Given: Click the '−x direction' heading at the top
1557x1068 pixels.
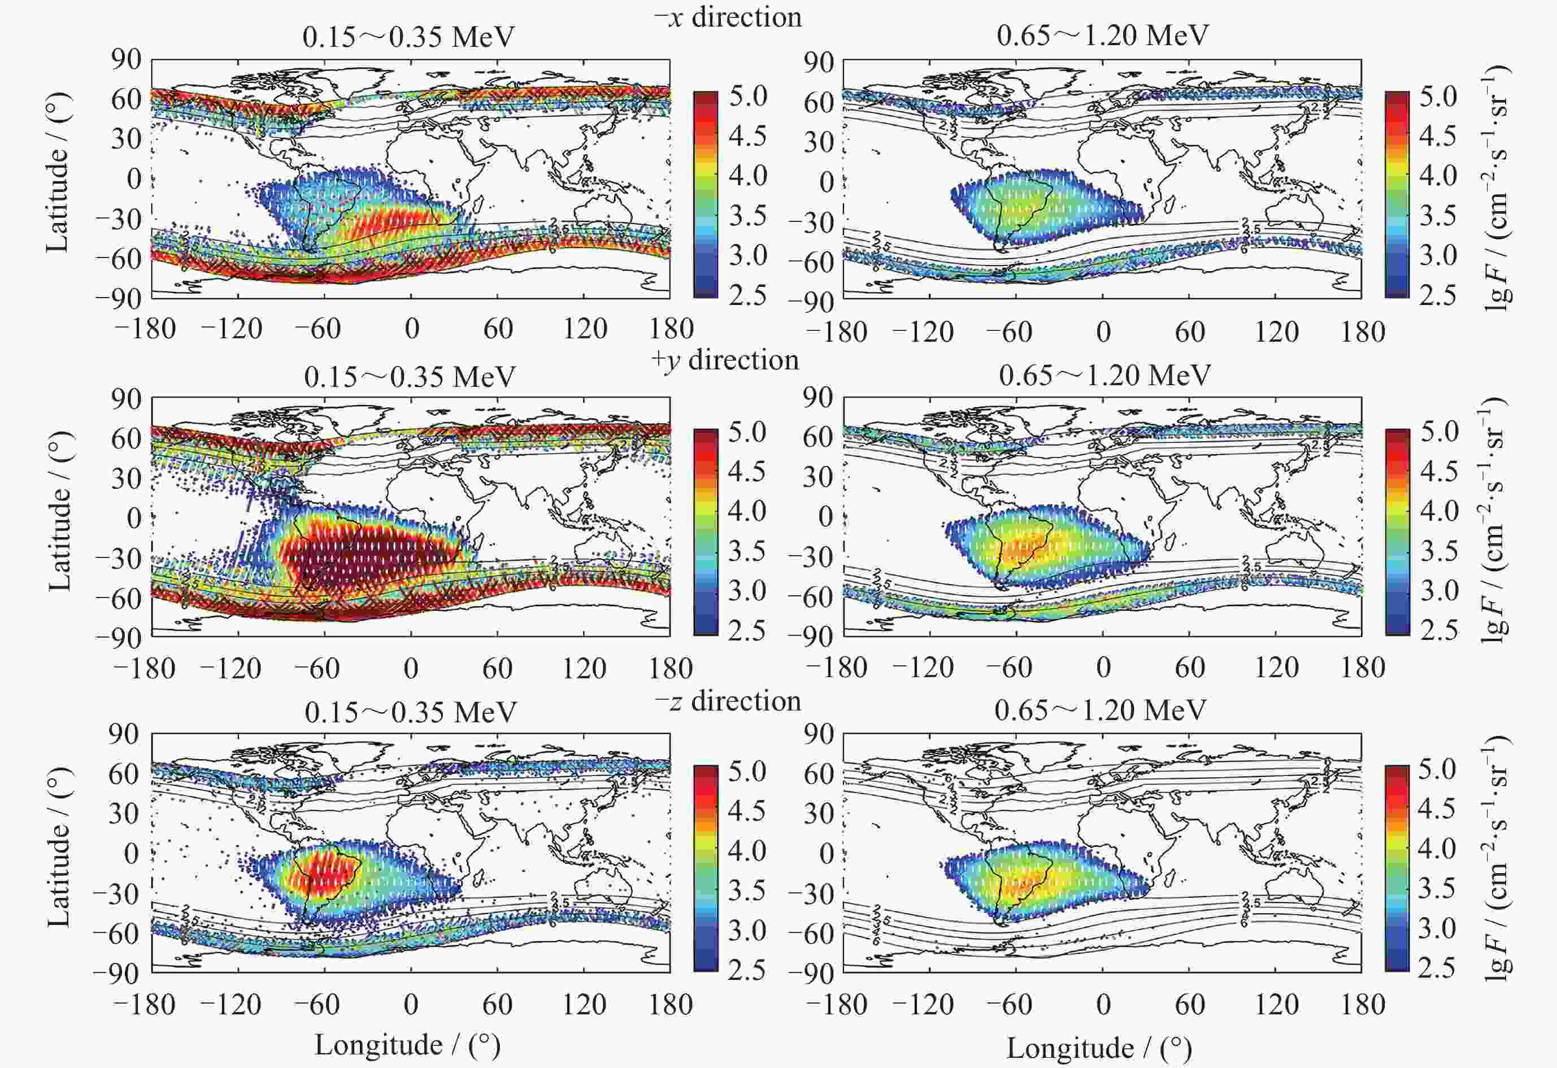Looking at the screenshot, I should [728, 17].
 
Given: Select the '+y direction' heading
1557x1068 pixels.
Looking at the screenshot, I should [725, 360].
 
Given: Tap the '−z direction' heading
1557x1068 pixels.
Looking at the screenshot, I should [728, 701].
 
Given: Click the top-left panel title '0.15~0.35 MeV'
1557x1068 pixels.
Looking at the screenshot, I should [408, 37].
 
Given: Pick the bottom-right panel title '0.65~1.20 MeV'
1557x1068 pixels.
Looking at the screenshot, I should [1100, 710].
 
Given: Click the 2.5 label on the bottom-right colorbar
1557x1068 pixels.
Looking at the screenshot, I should [1437, 968].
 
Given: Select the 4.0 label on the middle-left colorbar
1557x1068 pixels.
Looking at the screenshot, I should [747, 512].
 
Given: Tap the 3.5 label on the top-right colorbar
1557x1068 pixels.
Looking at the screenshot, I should [1438, 216].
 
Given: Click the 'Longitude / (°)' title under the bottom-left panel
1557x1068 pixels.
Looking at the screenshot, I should [407, 1045].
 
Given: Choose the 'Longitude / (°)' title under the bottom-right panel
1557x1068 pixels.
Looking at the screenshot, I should [1099, 1048].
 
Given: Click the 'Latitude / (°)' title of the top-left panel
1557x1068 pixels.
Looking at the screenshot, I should [59, 172].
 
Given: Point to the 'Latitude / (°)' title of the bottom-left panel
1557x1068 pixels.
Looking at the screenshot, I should [59, 847].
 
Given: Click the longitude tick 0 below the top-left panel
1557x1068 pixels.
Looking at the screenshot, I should [412, 329].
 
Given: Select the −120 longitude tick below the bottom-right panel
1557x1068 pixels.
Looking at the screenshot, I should [924, 1004].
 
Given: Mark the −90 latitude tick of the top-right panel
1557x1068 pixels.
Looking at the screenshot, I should [811, 303].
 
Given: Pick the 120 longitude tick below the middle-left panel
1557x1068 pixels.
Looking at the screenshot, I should [584, 668].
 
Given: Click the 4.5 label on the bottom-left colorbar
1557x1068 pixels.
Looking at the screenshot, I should [747, 810].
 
